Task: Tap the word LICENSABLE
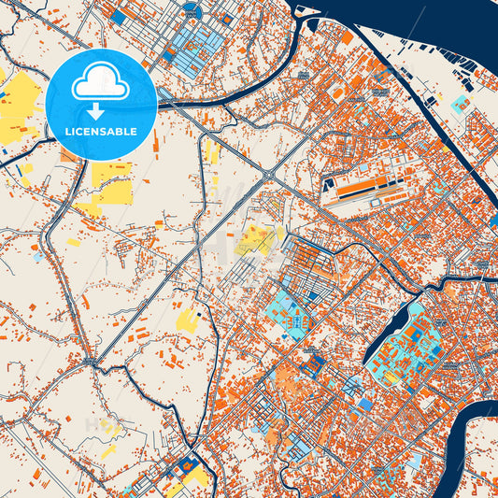pos(101,132)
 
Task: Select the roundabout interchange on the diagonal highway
pos(268,175)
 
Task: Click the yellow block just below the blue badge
pos(112,182)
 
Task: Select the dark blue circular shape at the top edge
pos(192,10)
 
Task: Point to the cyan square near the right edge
pos(461,106)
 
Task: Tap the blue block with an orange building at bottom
pos(191,464)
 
